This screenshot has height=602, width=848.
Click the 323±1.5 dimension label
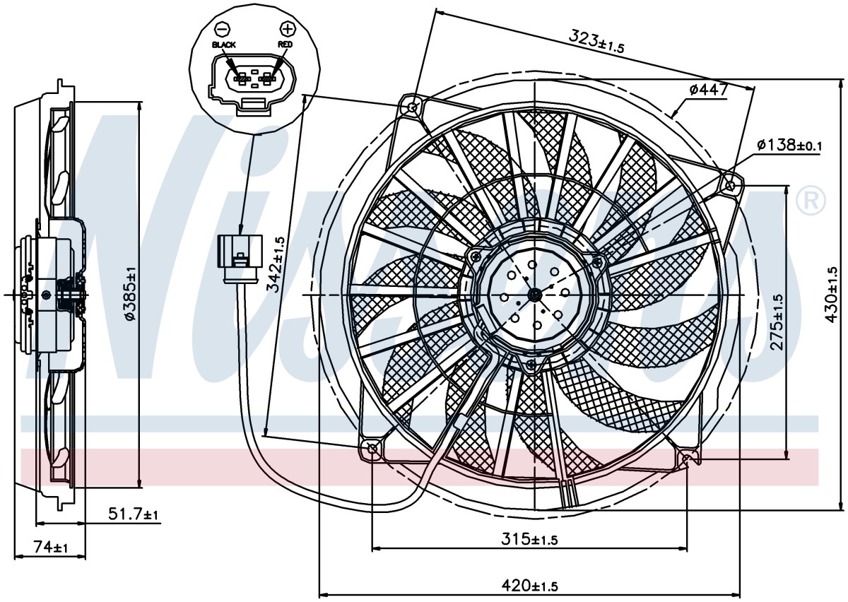click(596, 42)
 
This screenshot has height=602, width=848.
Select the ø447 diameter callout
click(708, 90)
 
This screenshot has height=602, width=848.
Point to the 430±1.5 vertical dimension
click(831, 295)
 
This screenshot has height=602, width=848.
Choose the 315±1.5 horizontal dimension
click(529, 539)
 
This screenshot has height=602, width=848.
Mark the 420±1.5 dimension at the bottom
click(529, 586)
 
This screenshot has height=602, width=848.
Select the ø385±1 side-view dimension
click(130, 293)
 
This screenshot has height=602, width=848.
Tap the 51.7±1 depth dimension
click(134, 514)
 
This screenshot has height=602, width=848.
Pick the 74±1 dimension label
click(51, 547)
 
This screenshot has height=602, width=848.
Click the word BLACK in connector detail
click(224, 45)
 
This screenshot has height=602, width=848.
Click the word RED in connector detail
click(285, 45)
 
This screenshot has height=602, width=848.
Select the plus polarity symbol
click(287, 28)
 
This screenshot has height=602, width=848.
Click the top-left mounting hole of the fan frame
click(413, 107)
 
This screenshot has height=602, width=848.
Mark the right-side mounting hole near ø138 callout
click(731, 186)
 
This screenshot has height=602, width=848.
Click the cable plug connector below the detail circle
click(240, 258)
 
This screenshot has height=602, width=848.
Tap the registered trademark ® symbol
click(811, 201)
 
